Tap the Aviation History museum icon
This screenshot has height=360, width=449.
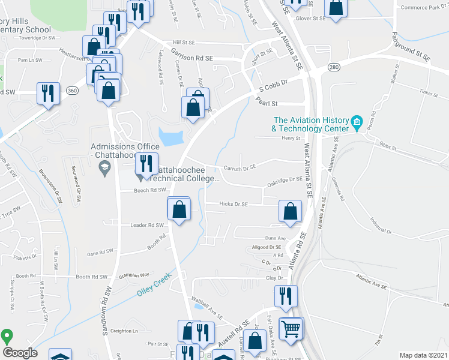[x=357, y=124]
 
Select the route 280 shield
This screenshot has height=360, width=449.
[x=334, y=68]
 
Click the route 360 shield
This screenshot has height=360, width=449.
[x=73, y=91]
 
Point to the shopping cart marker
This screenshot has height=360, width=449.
[x=291, y=328]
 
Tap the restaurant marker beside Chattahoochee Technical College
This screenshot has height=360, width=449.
[x=145, y=163]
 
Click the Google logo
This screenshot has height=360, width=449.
[x=19, y=352]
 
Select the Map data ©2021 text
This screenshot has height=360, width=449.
[x=423, y=355]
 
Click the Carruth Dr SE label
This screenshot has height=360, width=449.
[x=240, y=167]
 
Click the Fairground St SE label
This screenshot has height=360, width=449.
[x=411, y=47]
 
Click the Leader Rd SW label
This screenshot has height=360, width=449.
[x=147, y=226]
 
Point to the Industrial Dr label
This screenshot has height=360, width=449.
[x=381, y=226]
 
